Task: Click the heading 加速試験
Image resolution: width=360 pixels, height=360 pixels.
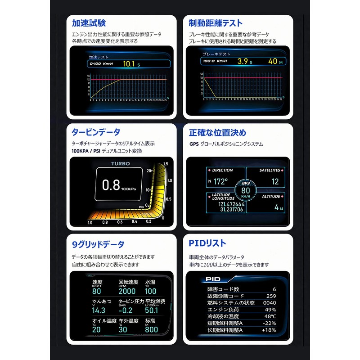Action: coord(89,23)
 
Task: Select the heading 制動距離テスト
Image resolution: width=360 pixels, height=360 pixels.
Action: coord(216,23)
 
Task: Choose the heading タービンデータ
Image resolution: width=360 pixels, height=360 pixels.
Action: coord(96,132)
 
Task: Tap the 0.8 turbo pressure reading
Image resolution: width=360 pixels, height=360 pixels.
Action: coord(110,184)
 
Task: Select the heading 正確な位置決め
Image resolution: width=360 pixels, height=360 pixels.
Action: coord(218,132)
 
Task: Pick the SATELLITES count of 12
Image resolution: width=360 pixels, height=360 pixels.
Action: coord(275,182)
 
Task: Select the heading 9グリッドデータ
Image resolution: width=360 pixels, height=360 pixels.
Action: coord(98,244)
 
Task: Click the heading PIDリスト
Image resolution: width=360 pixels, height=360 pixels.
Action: coord(207,243)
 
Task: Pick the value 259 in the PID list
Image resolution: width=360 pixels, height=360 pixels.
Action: coord(271,296)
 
